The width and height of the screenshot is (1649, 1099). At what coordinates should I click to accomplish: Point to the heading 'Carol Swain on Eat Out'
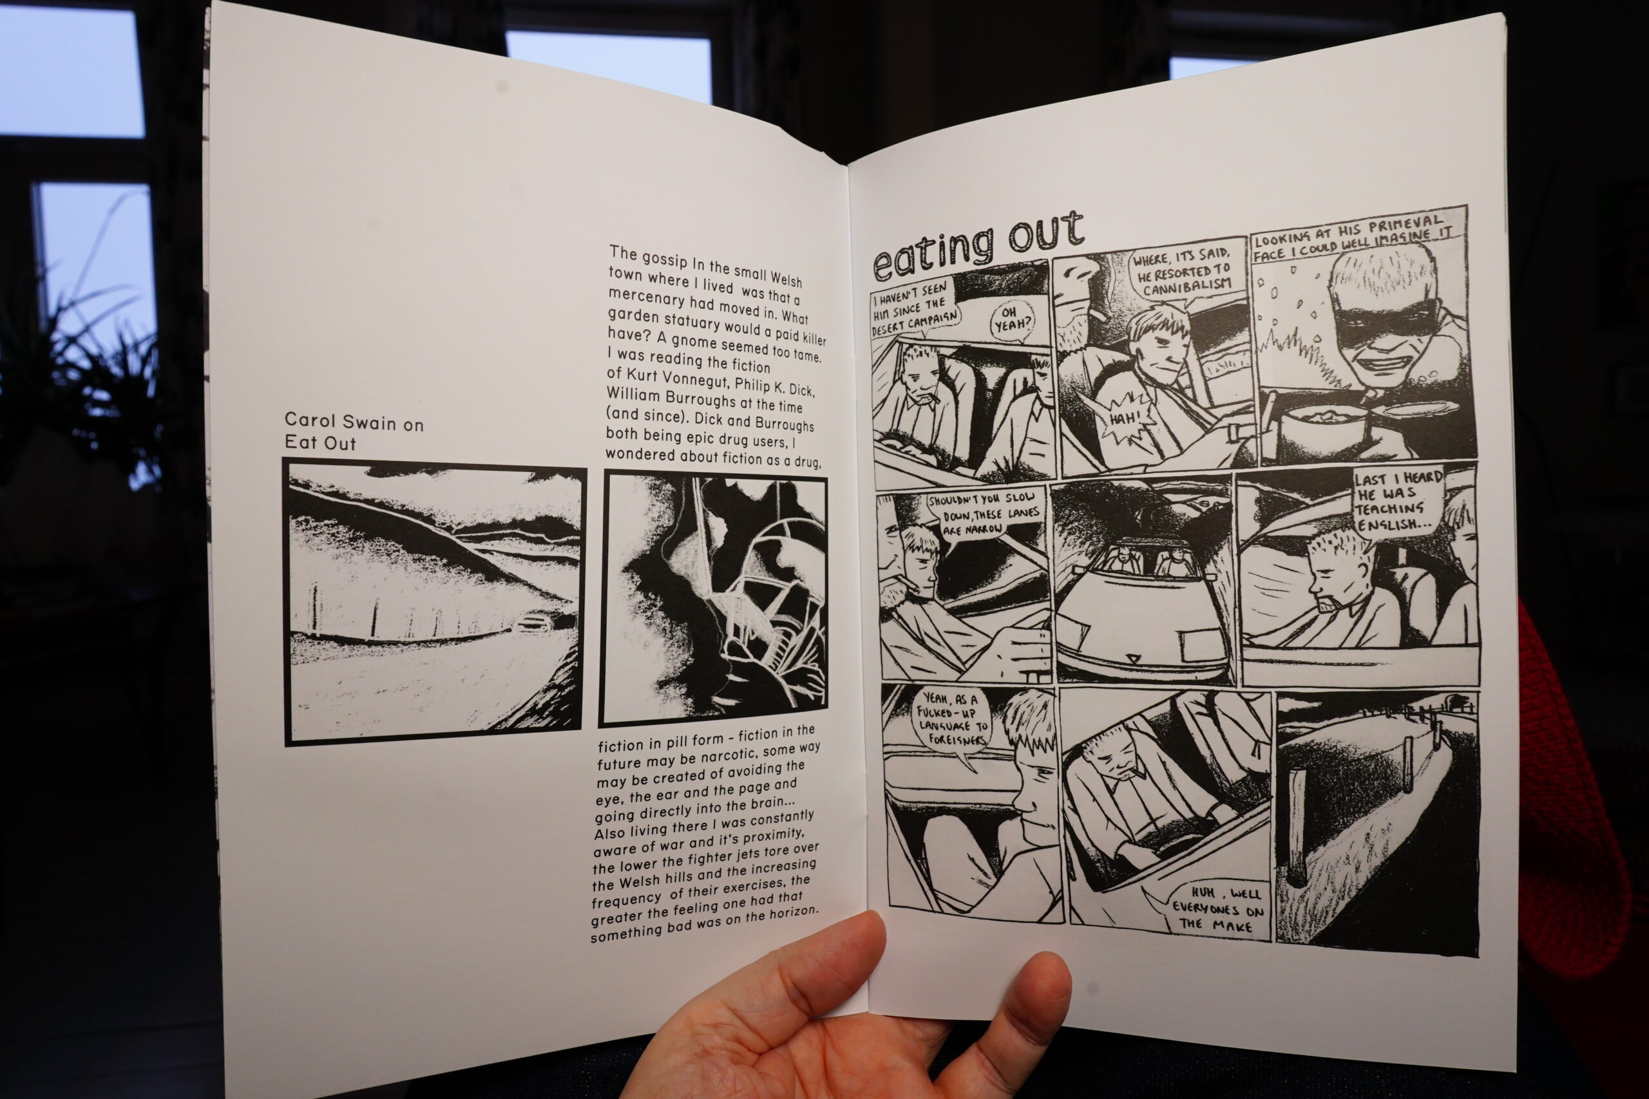[354, 432]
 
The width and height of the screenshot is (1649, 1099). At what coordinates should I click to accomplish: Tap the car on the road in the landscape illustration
[533, 621]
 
